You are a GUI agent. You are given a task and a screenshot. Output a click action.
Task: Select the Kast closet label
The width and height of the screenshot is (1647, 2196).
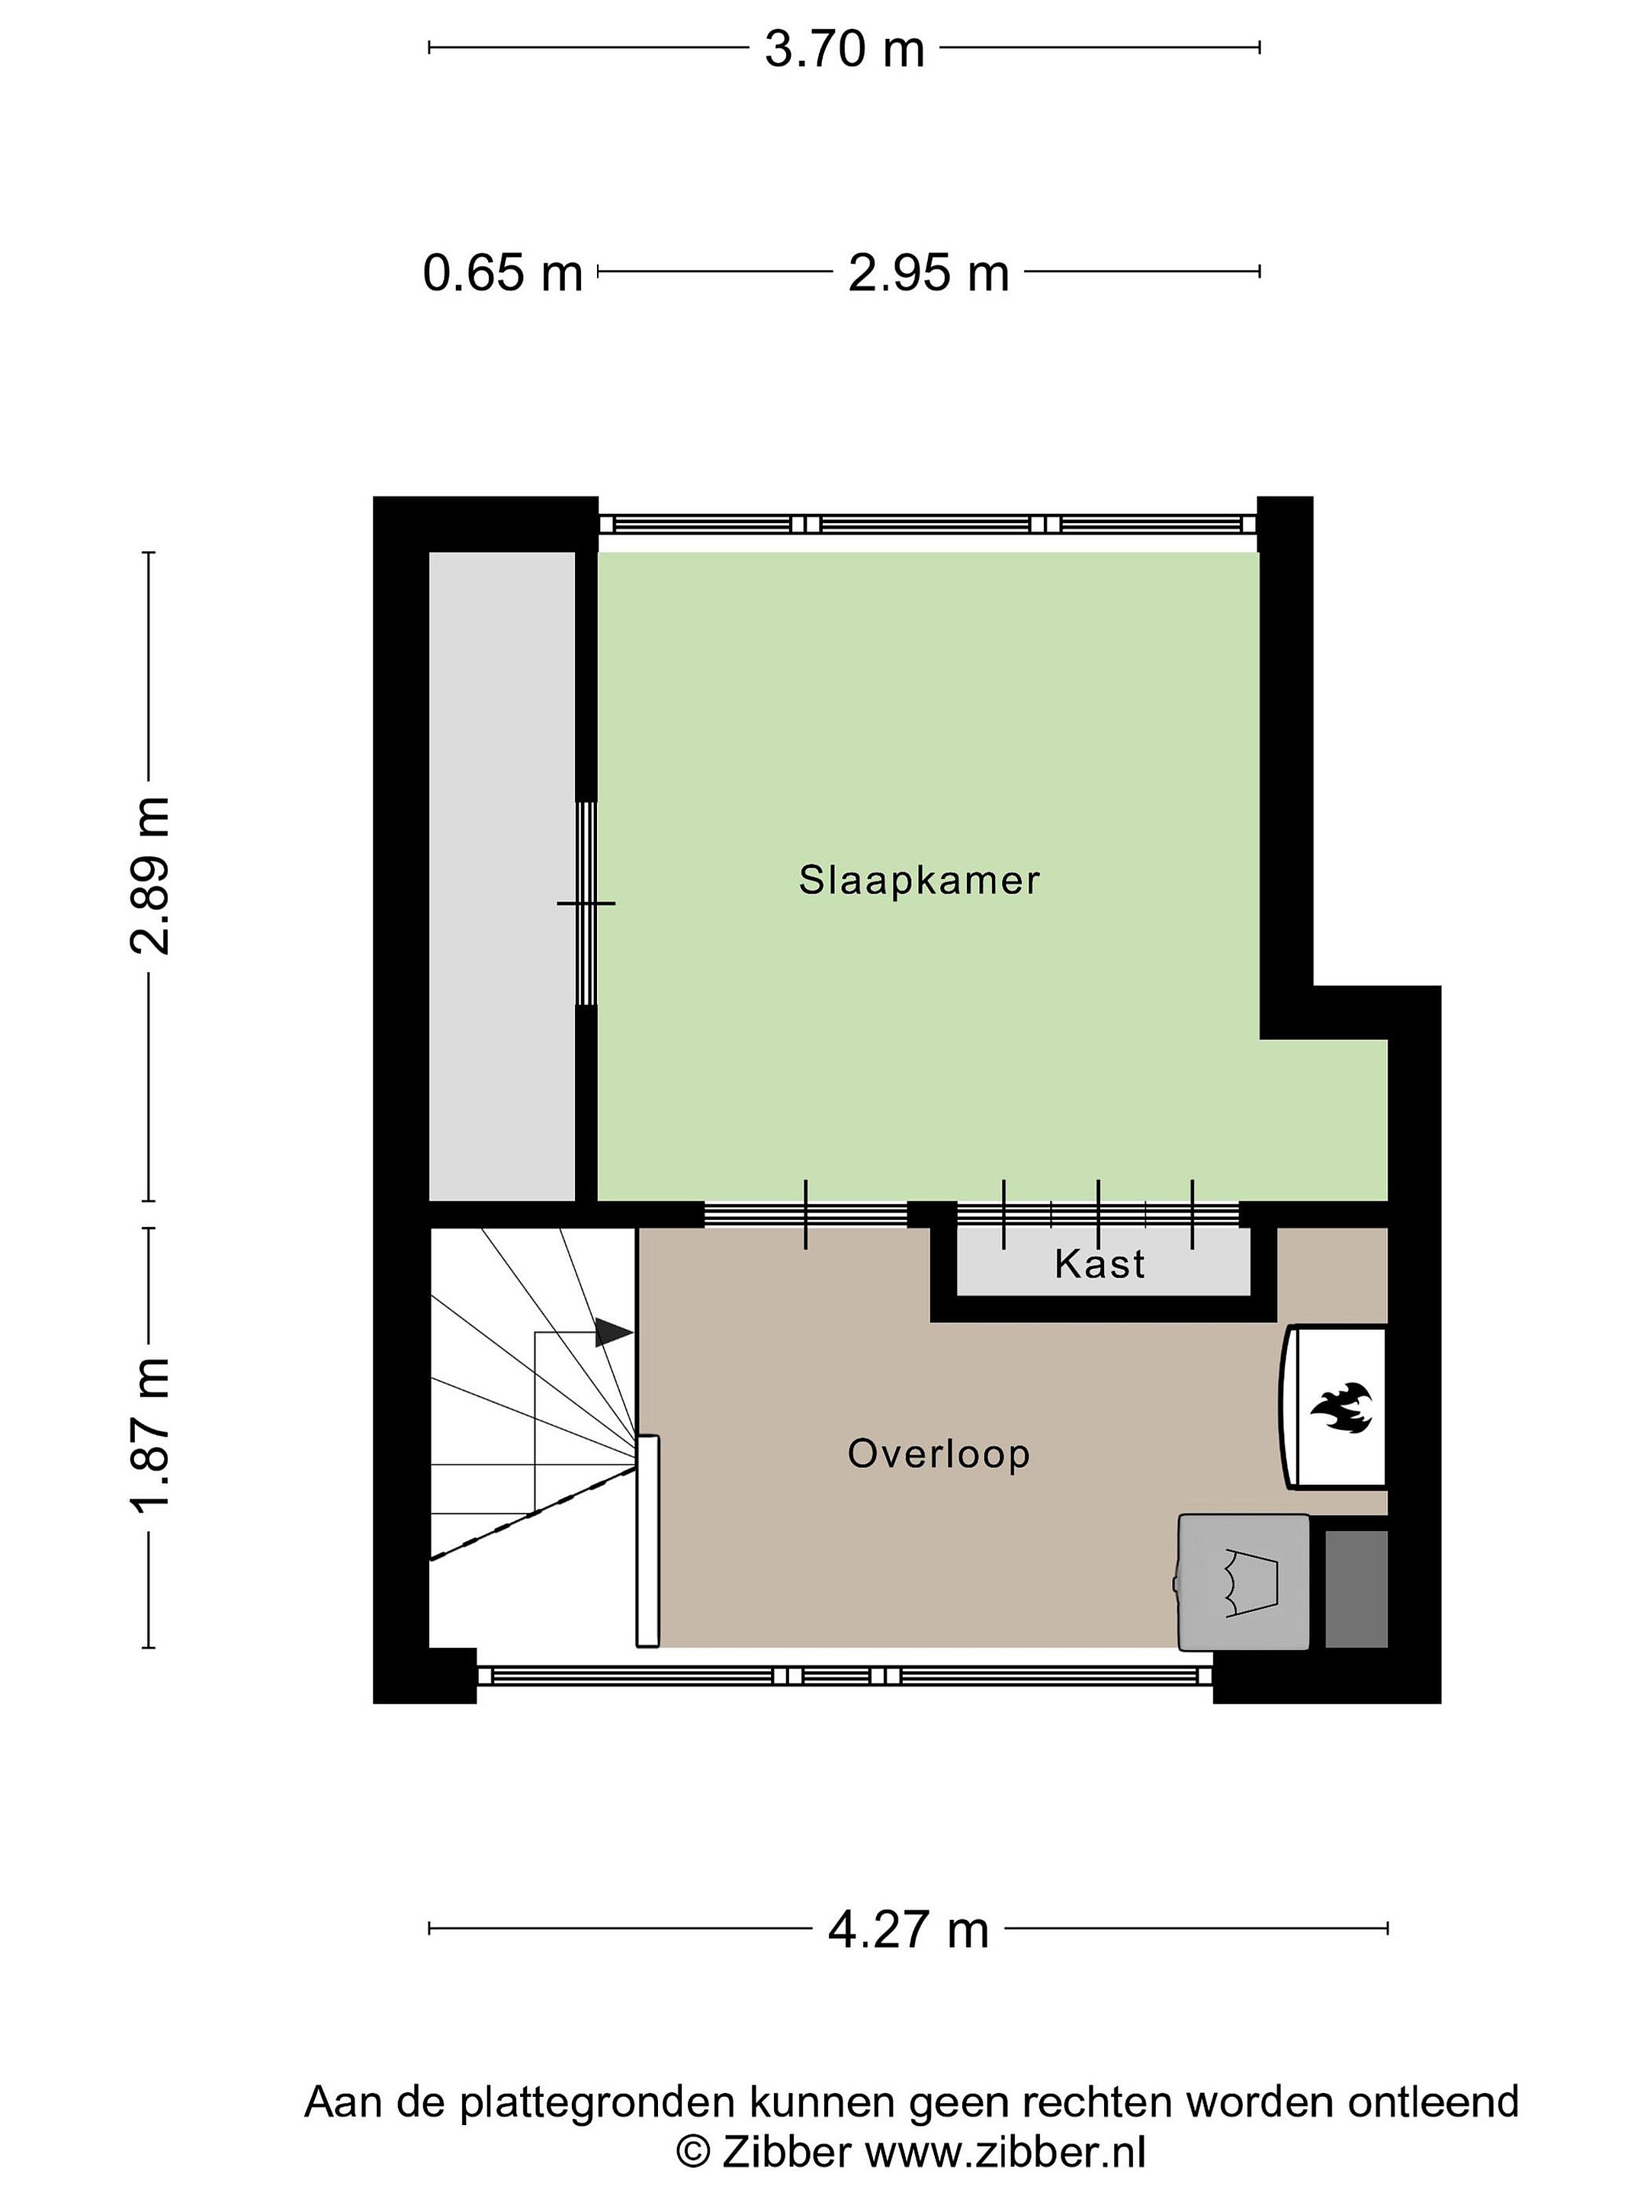1100,1263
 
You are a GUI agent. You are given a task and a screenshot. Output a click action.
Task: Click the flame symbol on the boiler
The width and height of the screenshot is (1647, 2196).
1341,1408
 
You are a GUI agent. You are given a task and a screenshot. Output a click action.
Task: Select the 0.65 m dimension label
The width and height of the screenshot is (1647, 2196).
502,272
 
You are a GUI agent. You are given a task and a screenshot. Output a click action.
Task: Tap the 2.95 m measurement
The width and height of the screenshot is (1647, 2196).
928,272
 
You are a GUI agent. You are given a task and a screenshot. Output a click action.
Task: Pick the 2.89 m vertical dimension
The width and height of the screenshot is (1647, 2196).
151,875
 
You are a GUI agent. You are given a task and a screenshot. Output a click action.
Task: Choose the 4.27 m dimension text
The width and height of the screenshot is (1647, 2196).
908,1929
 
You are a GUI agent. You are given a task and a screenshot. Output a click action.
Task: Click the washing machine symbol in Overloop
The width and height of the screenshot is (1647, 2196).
1243,1581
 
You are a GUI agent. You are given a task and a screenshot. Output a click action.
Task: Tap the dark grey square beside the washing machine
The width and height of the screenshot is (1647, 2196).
1356,1588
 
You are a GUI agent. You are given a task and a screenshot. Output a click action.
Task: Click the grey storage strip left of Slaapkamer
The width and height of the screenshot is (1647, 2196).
502,877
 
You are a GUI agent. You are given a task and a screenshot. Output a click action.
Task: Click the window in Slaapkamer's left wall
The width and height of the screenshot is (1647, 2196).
586,904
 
